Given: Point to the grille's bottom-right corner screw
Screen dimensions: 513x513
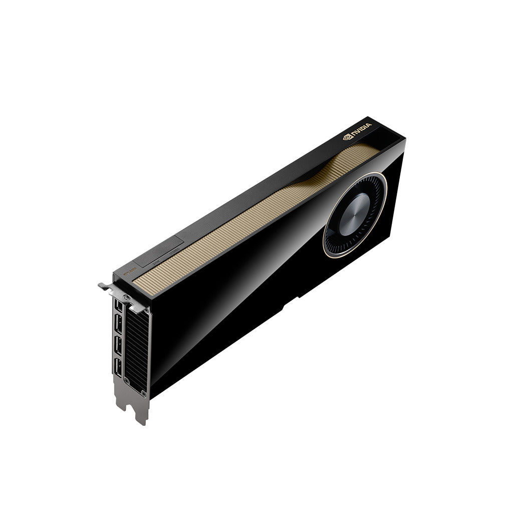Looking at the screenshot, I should coord(144,390).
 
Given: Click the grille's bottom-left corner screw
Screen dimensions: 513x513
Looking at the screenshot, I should coord(127,382).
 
